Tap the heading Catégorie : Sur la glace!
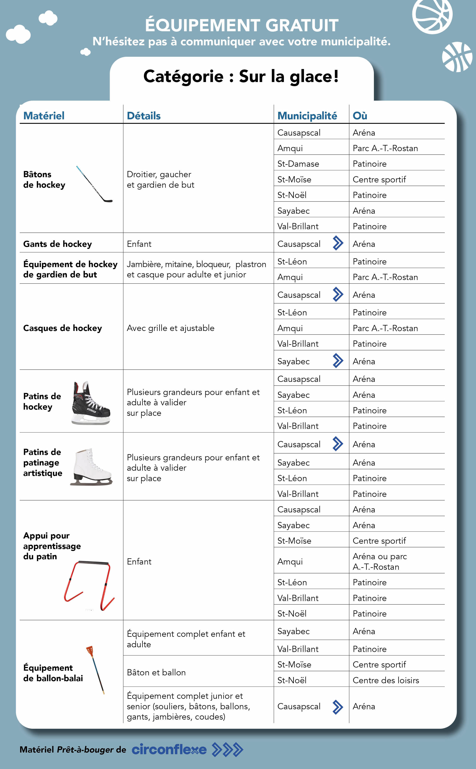coord(241,76)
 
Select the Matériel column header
coord(44,116)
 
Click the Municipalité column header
coord(307,116)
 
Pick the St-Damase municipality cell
coord(298,164)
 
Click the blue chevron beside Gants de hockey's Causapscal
coord(338,243)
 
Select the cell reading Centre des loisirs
coord(386,680)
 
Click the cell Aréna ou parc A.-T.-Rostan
coord(380,562)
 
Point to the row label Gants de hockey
coord(58,244)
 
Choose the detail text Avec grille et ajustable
coord(170,328)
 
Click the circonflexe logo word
coord(169,750)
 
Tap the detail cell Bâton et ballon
coord(156,672)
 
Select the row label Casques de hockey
coord(63,328)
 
